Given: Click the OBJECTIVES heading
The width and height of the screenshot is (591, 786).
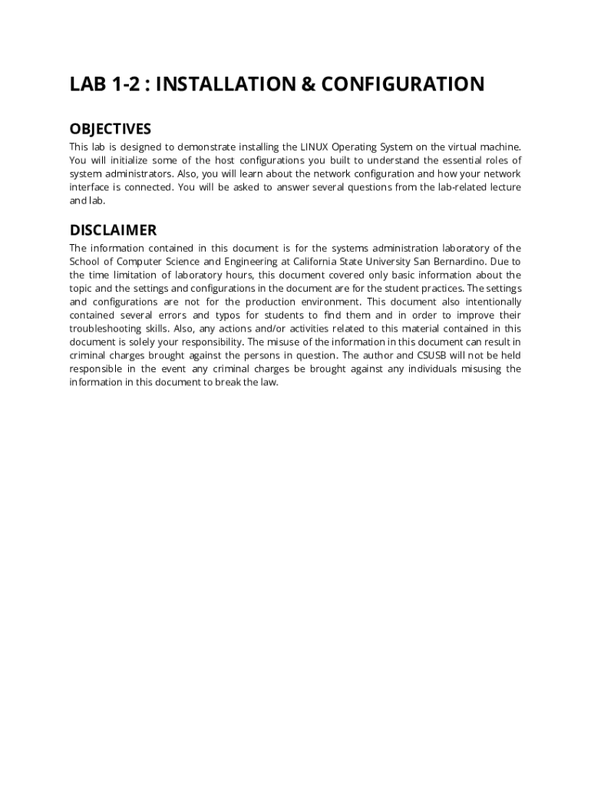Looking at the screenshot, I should click(111, 129).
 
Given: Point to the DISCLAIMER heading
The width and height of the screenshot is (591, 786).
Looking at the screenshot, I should click(113, 230).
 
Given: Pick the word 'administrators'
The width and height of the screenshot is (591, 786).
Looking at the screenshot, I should click(142, 173).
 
